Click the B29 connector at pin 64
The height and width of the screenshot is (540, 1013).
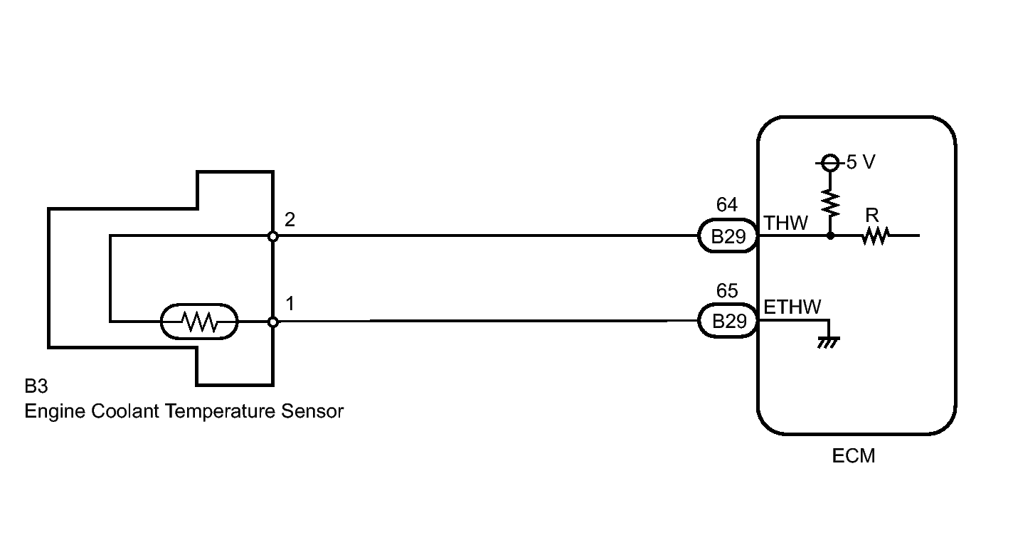727,236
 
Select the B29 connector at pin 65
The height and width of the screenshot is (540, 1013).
727,322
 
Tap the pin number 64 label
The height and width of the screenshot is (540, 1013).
726,206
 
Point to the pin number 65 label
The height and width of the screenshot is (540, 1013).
726,291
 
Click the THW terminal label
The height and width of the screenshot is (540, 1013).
785,223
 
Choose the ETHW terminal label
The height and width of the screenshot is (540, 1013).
792,307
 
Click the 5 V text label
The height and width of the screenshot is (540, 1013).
860,163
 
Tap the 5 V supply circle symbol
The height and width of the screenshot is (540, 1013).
829,164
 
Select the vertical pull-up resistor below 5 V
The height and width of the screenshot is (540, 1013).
829,203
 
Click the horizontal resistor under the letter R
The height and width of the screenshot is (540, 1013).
875,236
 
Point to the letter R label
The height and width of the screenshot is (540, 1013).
872,216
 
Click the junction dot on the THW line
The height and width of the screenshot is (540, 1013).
829,235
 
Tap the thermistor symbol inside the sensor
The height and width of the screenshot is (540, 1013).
199,322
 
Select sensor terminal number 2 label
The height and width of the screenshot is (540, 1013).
290,219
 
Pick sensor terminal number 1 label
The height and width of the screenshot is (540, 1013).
290,305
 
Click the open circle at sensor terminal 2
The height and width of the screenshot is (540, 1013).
272,236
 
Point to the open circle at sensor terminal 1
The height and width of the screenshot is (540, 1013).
272,322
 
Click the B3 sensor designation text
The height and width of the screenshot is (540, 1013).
36,388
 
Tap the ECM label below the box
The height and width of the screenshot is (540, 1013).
853,455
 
